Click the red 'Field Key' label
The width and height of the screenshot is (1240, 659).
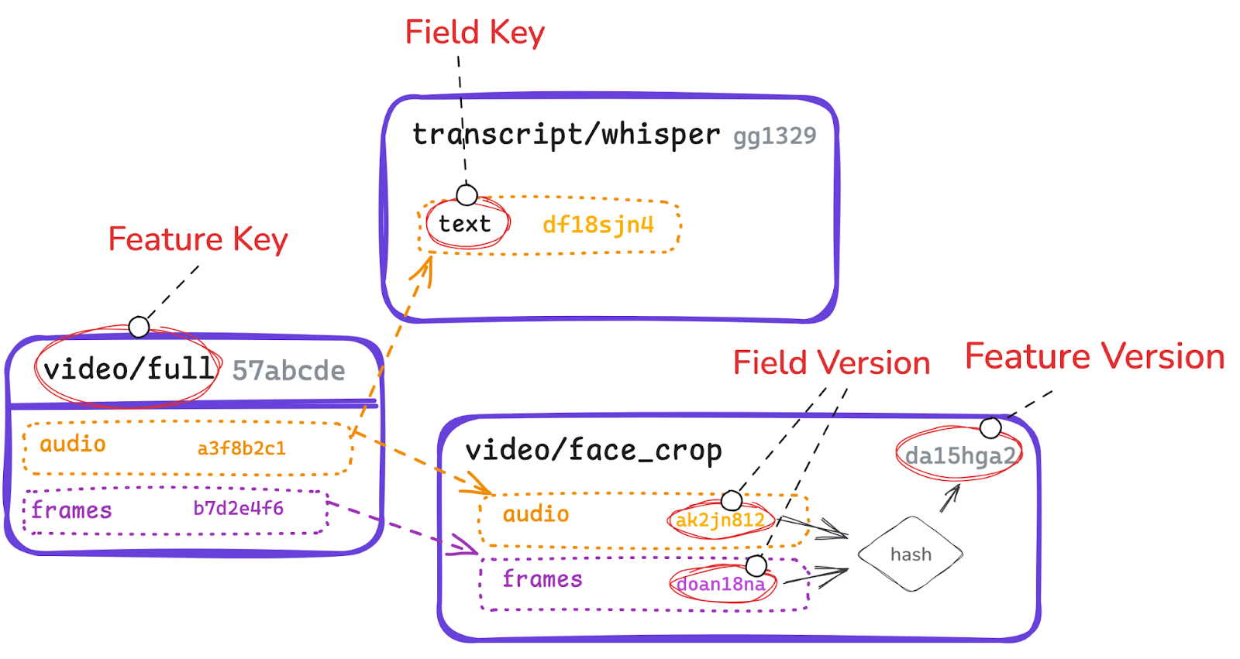point(474,33)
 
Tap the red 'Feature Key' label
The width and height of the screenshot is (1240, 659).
point(198,239)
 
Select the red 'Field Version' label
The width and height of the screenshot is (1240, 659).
point(831,363)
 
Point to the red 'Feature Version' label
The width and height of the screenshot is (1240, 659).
point(1094,357)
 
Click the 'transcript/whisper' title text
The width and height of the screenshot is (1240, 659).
point(566,135)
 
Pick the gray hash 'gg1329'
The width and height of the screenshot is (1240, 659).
point(774,136)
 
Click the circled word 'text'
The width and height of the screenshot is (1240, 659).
point(465,225)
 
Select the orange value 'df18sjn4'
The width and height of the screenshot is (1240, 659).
point(598,225)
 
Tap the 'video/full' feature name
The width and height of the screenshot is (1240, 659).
point(129,369)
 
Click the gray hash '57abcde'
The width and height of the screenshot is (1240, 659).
point(288,371)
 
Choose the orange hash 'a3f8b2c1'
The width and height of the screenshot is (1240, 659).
point(241,448)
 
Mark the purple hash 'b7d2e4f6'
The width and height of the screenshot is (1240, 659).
point(238,509)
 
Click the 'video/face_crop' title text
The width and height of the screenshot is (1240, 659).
point(594,451)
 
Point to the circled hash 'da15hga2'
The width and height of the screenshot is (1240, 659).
point(959,456)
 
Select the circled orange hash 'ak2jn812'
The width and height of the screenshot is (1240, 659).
point(720,520)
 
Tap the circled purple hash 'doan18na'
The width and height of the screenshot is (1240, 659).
point(721,584)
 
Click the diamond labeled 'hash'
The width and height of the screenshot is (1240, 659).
point(911,554)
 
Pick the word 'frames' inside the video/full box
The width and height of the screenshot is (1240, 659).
point(72,511)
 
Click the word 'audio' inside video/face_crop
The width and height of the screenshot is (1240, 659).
point(536,514)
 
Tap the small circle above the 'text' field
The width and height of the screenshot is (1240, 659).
point(467,195)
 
